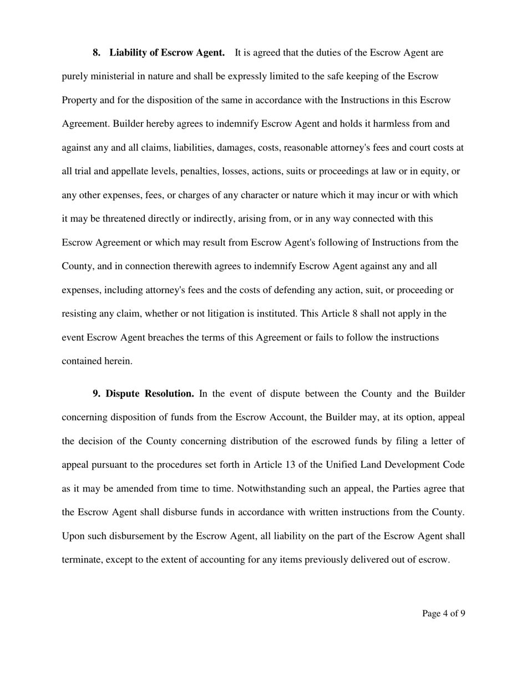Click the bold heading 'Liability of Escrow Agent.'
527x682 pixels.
167,53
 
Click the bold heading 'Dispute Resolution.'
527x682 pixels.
150,394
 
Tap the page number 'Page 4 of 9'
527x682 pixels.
443,614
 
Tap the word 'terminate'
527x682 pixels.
82,560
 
